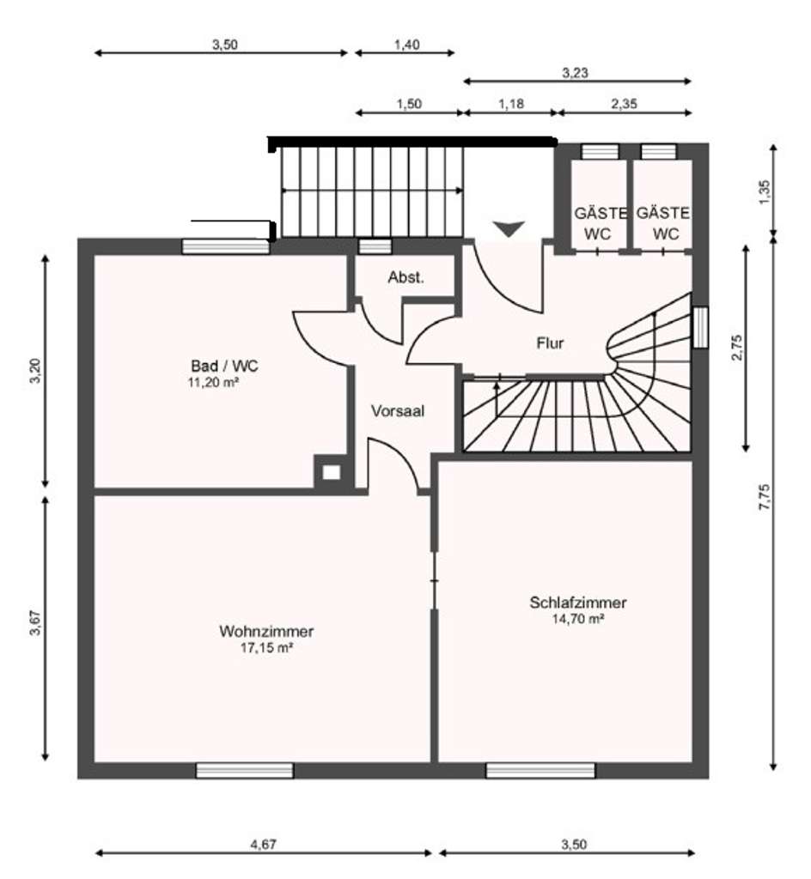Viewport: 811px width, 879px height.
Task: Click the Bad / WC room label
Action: pos(224,366)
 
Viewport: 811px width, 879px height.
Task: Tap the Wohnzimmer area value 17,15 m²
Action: pos(267,648)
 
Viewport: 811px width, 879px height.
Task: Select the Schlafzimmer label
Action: pos(577,603)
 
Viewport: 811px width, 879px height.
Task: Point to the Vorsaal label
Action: pos(398,411)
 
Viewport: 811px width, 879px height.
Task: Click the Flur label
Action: pos(550,343)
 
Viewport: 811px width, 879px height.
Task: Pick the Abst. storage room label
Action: pos(406,277)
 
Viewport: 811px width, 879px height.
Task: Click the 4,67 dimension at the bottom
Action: pos(264,844)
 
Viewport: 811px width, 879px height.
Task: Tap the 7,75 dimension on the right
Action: pos(765,497)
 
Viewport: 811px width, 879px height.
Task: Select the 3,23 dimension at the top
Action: pos(576,73)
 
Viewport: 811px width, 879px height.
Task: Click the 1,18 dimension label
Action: pos(511,104)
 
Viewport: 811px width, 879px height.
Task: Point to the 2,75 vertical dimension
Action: pos(737,348)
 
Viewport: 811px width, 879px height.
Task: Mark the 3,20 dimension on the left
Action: pos(35,371)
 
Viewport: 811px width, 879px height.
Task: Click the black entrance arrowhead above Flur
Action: pos(509,228)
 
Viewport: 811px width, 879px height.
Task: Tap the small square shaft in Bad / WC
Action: pos(331,473)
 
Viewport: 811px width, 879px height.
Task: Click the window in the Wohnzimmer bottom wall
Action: pos(245,770)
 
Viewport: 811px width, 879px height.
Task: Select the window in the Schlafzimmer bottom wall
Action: pos(540,770)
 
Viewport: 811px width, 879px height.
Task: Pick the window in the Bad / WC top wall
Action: pos(226,246)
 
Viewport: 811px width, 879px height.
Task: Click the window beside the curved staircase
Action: pos(700,327)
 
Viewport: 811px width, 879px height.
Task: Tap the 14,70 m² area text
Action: pos(578,619)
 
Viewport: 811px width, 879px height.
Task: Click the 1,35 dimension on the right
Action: pos(765,191)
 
